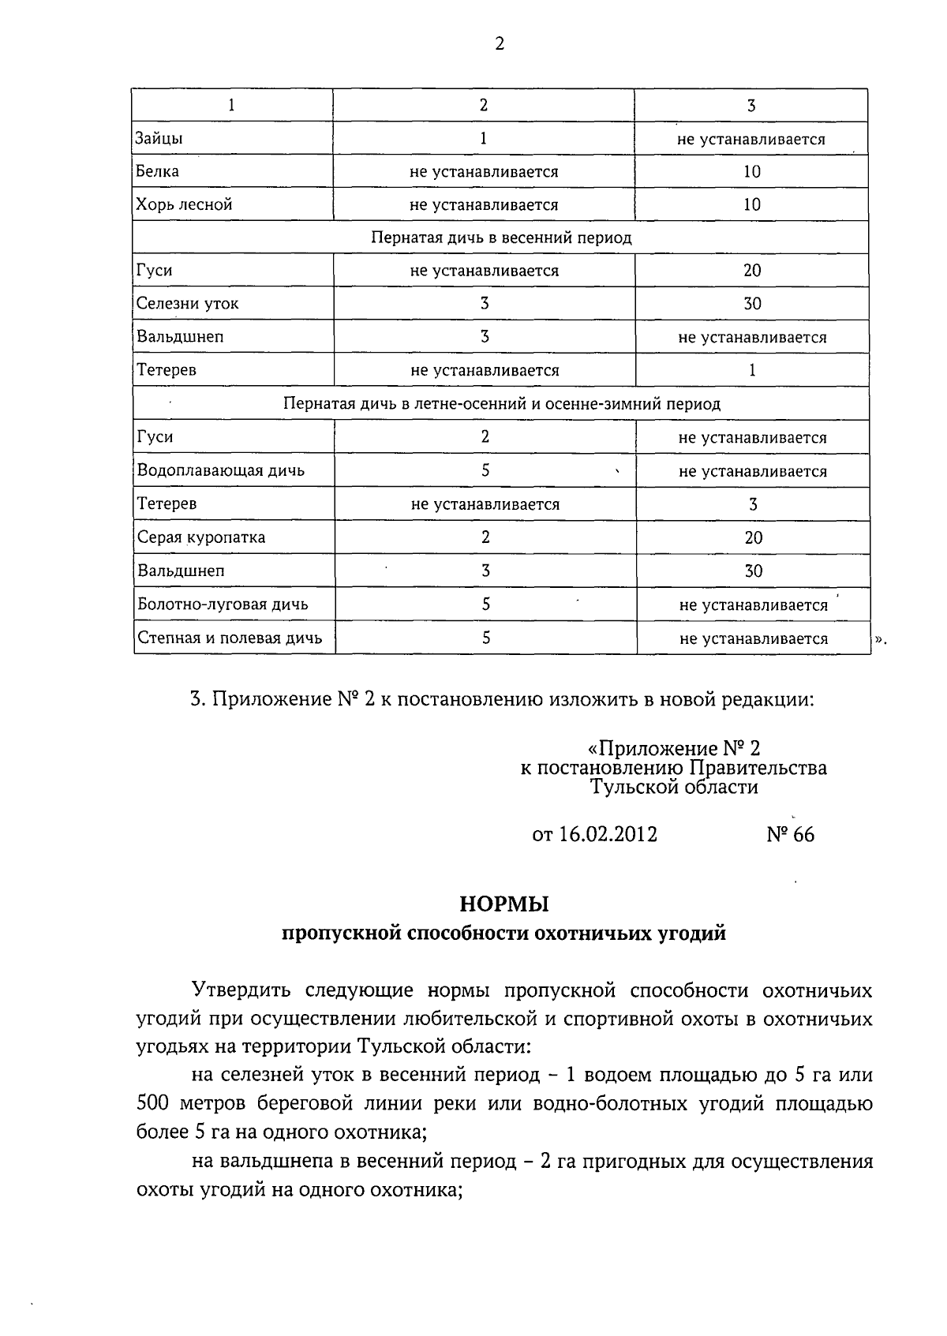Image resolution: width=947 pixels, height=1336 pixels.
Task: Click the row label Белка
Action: [157, 171]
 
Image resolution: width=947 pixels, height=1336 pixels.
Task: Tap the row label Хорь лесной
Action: [184, 204]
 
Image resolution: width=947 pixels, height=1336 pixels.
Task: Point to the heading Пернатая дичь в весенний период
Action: [501, 238]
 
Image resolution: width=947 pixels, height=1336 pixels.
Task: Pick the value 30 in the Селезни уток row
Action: [752, 304]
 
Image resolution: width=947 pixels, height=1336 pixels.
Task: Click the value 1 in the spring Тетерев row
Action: [752, 370]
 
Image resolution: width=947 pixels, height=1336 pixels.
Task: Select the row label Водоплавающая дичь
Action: [221, 470]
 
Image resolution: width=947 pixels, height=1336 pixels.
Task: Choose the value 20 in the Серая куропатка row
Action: [753, 537]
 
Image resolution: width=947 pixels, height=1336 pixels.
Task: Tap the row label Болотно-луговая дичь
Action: [223, 604]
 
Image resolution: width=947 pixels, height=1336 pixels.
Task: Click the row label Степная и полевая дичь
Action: [230, 638]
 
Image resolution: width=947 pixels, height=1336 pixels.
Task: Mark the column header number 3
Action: [751, 105]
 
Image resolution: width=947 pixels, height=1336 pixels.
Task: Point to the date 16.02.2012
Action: [608, 834]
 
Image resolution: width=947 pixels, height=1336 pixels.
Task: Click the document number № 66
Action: [790, 834]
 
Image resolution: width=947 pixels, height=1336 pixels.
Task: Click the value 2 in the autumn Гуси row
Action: [485, 437]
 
